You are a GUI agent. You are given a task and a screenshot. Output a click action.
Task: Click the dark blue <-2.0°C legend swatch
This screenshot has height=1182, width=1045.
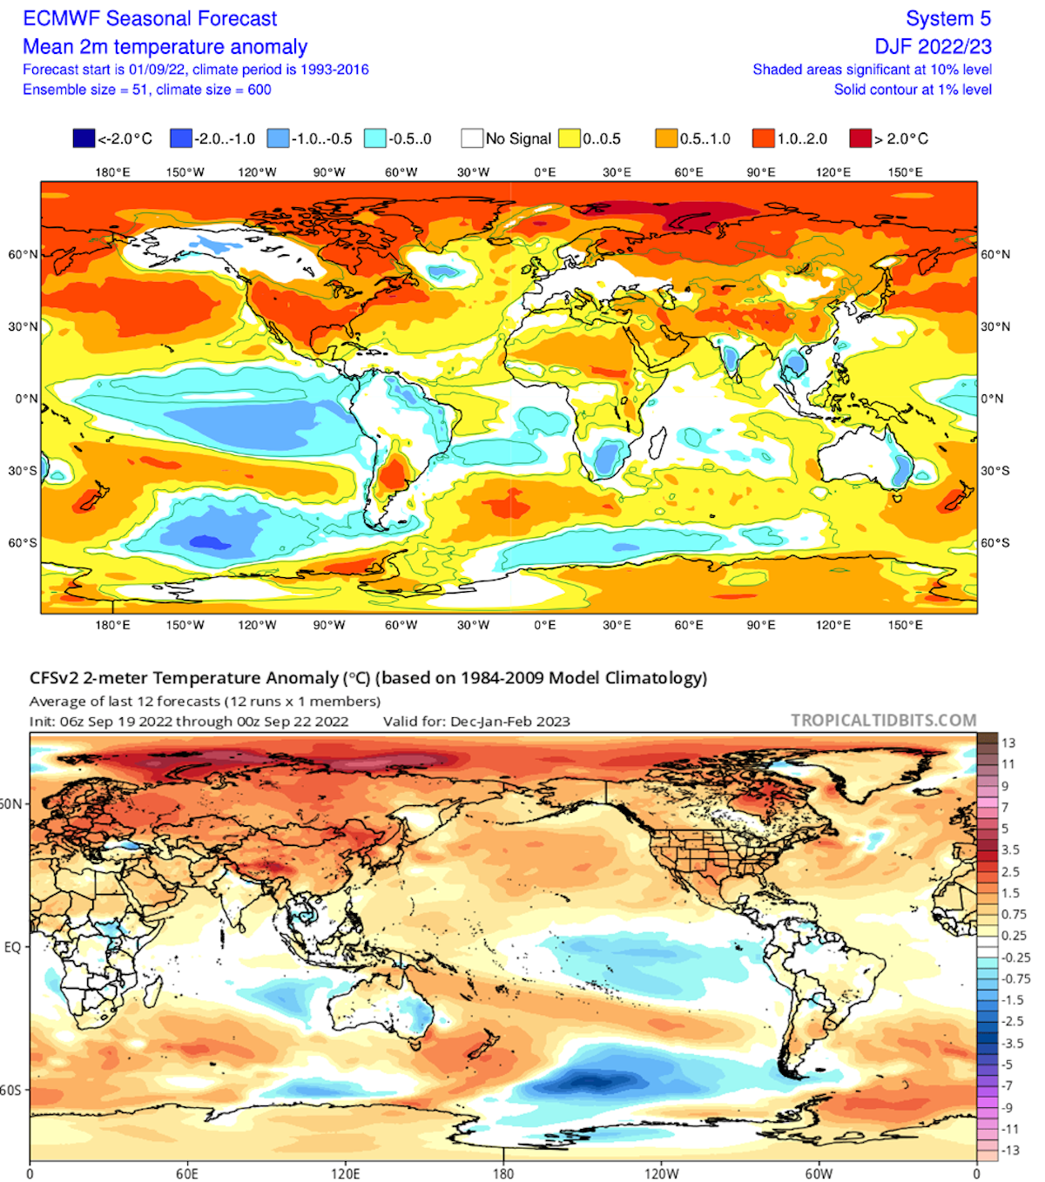click(84, 138)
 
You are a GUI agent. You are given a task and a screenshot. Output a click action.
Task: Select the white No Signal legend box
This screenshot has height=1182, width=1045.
click(472, 138)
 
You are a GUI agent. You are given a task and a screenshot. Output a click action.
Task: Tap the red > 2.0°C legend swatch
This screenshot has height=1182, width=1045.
click(860, 138)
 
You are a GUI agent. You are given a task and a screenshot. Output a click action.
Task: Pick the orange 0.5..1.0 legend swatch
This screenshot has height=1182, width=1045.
click(666, 138)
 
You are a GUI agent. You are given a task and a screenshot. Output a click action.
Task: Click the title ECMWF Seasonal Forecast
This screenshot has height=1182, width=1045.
click(150, 18)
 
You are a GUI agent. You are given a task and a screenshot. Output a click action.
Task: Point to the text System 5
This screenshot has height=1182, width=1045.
click(948, 18)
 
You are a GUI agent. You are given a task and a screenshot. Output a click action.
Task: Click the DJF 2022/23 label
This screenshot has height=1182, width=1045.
click(934, 46)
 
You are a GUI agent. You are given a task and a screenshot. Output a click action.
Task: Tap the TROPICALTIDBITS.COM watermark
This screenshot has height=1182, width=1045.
click(883, 721)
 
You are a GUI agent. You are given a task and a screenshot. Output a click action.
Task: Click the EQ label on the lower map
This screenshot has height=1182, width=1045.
click(12, 947)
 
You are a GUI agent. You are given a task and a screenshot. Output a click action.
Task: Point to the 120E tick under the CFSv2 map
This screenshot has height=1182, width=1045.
click(345, 1173)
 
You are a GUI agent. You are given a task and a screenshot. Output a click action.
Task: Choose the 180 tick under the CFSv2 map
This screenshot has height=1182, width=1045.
click(503, 1173)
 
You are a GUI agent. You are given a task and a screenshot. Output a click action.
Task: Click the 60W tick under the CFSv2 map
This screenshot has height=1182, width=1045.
click(819, 1173)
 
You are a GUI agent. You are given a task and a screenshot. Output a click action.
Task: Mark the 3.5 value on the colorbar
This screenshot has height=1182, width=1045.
click(1010, 850)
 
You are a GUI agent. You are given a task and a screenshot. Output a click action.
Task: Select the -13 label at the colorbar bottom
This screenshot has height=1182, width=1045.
click(1009, 1150)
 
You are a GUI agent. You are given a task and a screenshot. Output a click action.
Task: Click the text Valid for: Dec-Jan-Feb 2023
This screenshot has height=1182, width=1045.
click(476, 722)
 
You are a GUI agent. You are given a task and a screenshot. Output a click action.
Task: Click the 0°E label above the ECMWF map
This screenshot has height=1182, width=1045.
click(545, 172)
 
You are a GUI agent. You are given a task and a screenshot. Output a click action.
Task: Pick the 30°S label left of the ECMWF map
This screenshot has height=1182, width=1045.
click(23, 471)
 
